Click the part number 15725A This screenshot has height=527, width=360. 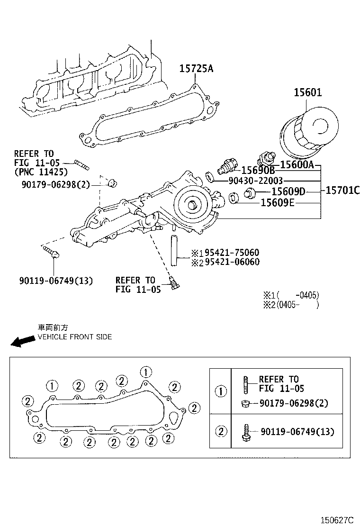pos(196,69)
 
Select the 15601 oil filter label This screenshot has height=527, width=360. pos(307,92)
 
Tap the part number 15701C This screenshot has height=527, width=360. pos(342,191)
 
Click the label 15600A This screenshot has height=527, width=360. pos(297,164)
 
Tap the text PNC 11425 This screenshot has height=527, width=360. pos(41,172)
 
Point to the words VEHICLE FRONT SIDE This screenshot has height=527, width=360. pos(75,337)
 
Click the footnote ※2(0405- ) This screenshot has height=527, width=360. pos(291,305)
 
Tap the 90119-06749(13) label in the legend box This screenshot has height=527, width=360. pos(297,432)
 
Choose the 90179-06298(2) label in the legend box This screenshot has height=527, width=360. pos(294,403)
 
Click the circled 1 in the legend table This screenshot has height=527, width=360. pos(221,391)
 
